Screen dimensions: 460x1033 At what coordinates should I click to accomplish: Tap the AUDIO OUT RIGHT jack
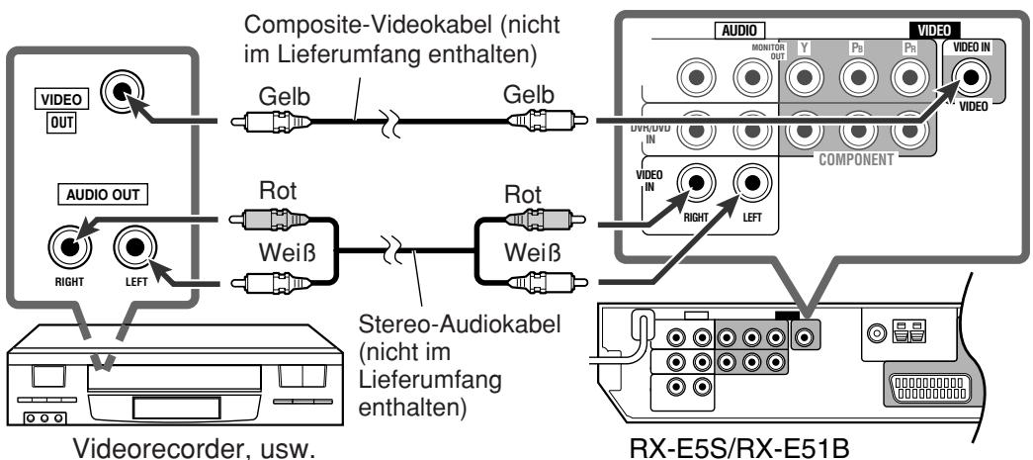70,244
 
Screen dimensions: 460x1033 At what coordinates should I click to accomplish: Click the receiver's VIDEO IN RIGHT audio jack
697,183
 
